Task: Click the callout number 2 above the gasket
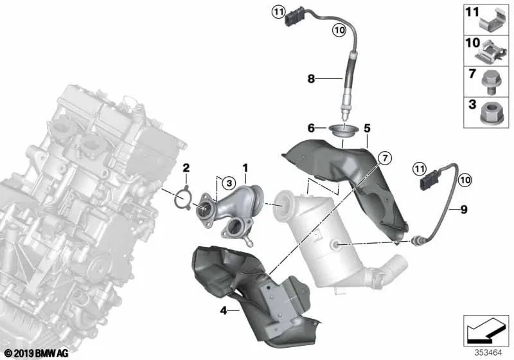(186, 168)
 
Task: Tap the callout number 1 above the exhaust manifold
(245, 168)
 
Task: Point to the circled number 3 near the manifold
(229, 183)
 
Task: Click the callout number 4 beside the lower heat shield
(224, 310)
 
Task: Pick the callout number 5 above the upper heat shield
(367, 128)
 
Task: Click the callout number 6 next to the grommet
(311, 128)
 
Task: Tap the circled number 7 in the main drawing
(385, 158)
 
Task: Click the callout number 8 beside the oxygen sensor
(311, 78)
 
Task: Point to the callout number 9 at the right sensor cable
(464, 210)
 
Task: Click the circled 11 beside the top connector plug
(278, 13)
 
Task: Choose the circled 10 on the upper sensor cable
(339, 30)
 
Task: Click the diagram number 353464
(488, 353)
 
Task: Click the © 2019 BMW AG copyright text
(37, 354)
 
